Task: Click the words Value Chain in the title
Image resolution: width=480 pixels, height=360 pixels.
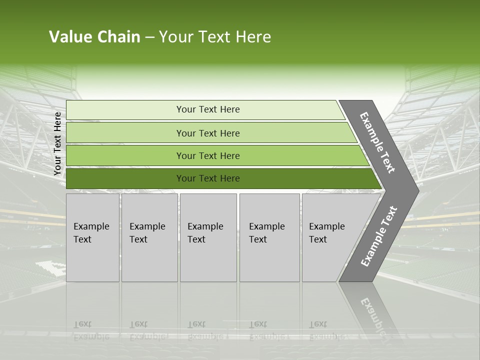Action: [x=94, y=37]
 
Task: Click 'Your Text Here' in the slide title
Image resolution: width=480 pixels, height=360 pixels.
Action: [x=215, y=37]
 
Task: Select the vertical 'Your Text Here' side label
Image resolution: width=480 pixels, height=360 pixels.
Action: [x=57, y=144]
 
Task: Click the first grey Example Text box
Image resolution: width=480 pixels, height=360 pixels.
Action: [x=92, y=260]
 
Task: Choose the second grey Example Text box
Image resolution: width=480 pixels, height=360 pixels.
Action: [x=149, y=260]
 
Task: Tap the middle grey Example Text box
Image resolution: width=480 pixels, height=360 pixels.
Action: [x=208, y=260]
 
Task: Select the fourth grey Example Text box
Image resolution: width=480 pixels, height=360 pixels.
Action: [x=269, y=260]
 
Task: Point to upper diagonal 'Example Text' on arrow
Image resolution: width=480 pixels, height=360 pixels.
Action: [x=377, y=142]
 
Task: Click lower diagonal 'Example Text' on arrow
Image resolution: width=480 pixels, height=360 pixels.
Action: [x=379, y=236]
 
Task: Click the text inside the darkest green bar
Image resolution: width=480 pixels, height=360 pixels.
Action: [x=208, y=178]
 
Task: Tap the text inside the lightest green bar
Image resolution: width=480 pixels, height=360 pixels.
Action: [x=208, y=109]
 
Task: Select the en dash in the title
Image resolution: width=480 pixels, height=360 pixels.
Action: [x=149, y=37]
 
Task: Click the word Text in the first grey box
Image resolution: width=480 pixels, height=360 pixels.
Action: [x=82, y=239]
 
